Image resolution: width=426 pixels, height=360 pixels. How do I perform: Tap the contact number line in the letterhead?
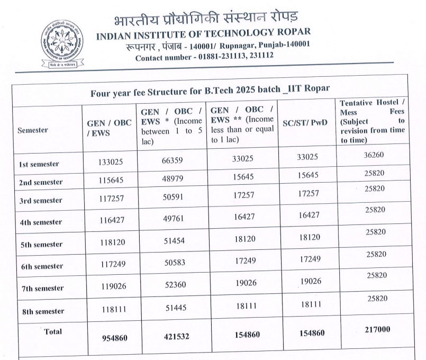tap(204, 56)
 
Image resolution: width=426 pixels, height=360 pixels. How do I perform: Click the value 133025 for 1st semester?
tap(112, 163)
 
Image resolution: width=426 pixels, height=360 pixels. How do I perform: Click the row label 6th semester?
tap(42, 266)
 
